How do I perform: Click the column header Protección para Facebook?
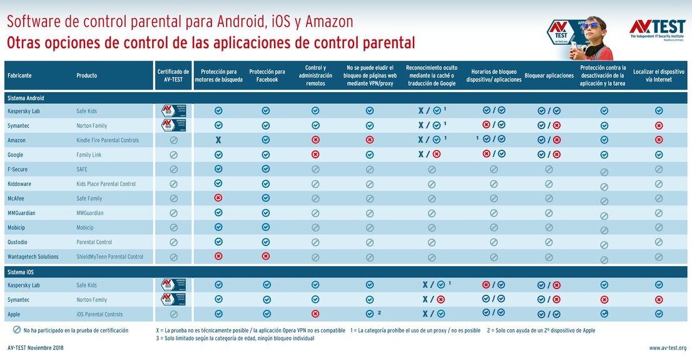coord(267,75)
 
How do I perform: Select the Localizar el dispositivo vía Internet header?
coord(659,75)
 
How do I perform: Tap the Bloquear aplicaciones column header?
coord(549,76)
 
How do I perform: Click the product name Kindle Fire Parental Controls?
coord(108,140)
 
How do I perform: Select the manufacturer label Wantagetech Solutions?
coord(33,257)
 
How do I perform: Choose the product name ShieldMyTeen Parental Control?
coord(110,257)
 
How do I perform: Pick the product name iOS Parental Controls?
coord(99,314)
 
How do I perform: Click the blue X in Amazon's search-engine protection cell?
coord(218,140)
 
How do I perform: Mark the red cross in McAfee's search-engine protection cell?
coord(218,198)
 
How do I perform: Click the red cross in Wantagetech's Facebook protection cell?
coord(267,256)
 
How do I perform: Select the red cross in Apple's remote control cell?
coord(315,314)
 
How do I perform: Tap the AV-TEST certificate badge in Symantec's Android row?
coord(174,125)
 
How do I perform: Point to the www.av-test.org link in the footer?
coord(667,348)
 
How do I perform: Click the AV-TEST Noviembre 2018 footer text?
coord(36,348)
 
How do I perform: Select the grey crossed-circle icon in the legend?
coord(16,330)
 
